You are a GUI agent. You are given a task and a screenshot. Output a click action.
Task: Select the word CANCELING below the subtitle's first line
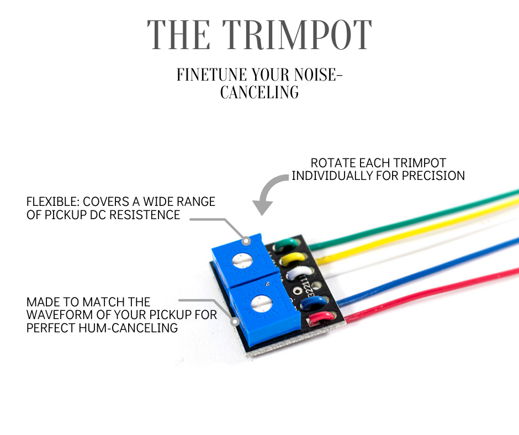259,92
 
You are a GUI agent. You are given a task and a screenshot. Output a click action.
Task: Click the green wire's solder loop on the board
286,244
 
